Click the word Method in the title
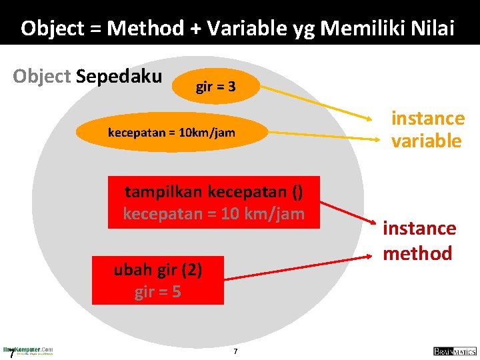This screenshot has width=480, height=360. (x=145, y=28)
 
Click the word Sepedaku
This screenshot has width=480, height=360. (x=119, y=76)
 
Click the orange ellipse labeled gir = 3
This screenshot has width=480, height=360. (x=215, y=87)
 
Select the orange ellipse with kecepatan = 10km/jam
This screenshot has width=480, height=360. (x=171, y=132)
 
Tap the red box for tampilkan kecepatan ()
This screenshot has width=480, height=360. (x=213, y=203)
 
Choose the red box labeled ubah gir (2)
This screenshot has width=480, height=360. (x=158, y=280)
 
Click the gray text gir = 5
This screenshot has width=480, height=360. (x=157, y=292)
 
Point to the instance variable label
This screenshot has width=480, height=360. (x=427, y=129)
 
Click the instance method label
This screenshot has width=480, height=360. (x=419, y=241)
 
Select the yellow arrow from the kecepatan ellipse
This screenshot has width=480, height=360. (x=320, y=134)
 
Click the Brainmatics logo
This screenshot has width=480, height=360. (x=453, y=351)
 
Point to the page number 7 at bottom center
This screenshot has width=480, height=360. (x=235, y=351)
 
